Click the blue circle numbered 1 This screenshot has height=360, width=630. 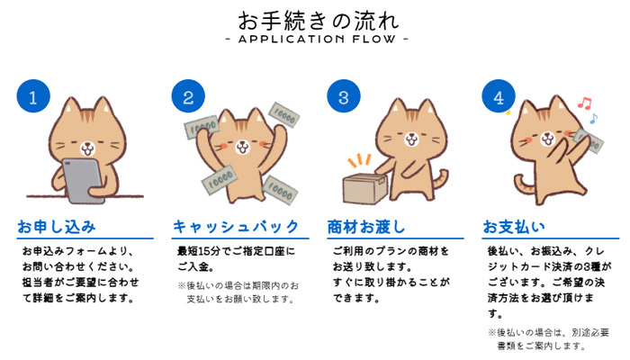(32, 97)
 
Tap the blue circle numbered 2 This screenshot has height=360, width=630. (187, 97)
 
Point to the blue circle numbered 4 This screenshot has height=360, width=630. (497, 97)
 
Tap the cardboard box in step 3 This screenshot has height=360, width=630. (365, 185)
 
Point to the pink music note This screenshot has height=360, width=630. (582, 102)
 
